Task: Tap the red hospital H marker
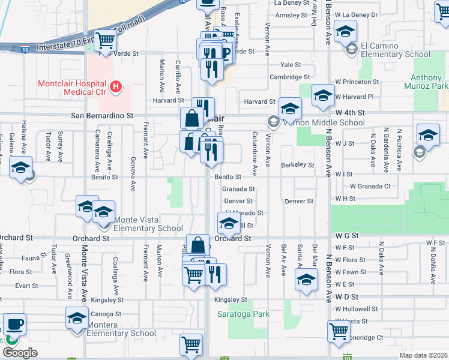pyautogui.click(x=117, y=86)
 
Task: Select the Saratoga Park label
pyautogui.click(x=243, y=314)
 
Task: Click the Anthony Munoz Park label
pyautogui.click(x=429, y=82)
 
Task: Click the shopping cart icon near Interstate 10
pyautogui.click(x=106, y=40)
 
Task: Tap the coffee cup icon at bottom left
pyautogui.click(x=14, y=323)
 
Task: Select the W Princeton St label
pyautogui.click(x=357, y=81)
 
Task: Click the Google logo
pyautogui.click(x=20, y=353)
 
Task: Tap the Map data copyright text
pyautogui.click(x=424, y=355)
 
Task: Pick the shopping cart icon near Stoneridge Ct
pyautogui.click(x=339, y=329)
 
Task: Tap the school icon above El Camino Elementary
pyautogui.click(x=346, y=31)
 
